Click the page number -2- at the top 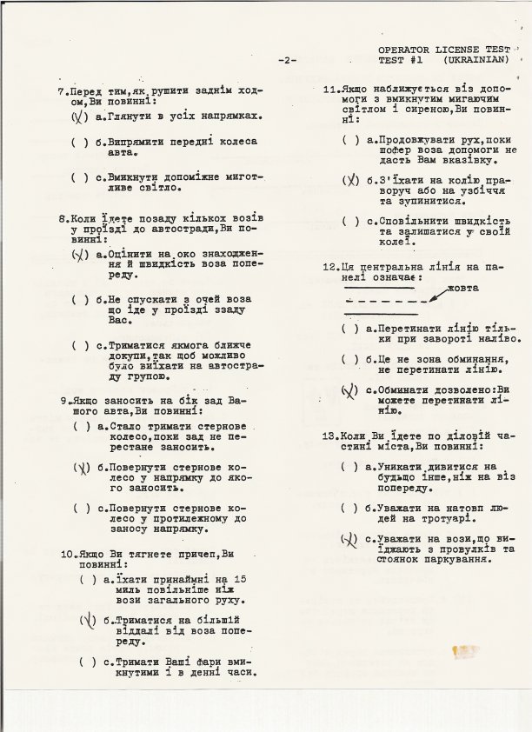288,60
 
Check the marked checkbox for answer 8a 79,255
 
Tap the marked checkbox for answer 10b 87,620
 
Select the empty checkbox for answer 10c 87,662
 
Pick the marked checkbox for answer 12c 349,390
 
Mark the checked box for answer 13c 349,540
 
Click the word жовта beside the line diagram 463,288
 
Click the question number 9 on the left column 64,401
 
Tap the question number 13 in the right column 329,435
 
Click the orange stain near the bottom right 466,649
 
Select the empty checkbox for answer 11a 350,139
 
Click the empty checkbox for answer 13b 349,508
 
